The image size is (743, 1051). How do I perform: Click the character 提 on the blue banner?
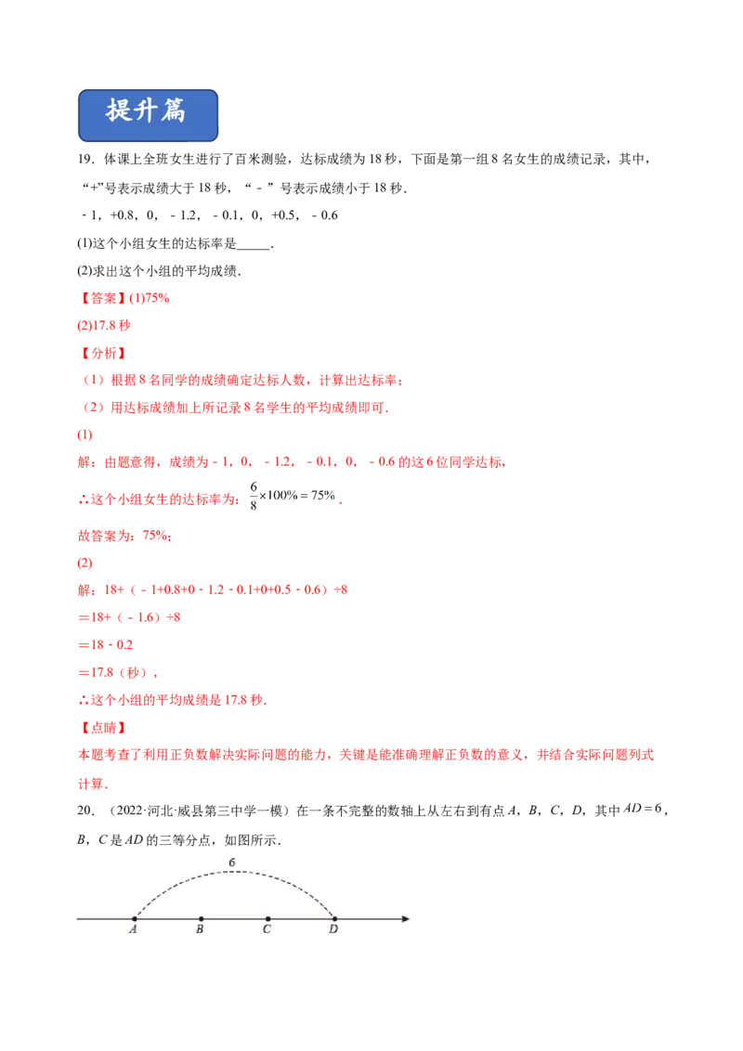coord(120,110)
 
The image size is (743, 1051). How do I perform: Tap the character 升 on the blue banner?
coord(147,110)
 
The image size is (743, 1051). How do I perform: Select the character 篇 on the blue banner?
coord(174,110)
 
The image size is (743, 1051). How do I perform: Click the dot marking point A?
coord(135,919)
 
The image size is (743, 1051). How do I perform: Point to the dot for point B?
coord(201,919)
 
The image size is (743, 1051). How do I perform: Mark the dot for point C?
coord(267,919)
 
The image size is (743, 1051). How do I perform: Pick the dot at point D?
coord(334,919)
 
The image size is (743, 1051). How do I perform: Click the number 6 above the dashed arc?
coord(232,863)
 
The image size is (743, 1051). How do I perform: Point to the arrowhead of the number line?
coord(405,919)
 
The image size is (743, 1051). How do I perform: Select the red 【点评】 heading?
coord(103,728)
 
